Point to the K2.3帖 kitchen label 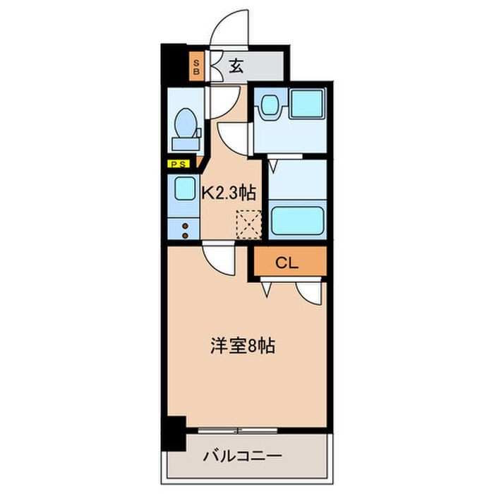(229, 191)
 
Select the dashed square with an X (248, 224)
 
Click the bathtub (297, 222)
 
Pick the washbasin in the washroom (269, 107)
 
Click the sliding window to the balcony (240, 430)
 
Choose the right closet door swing (311, 291)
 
